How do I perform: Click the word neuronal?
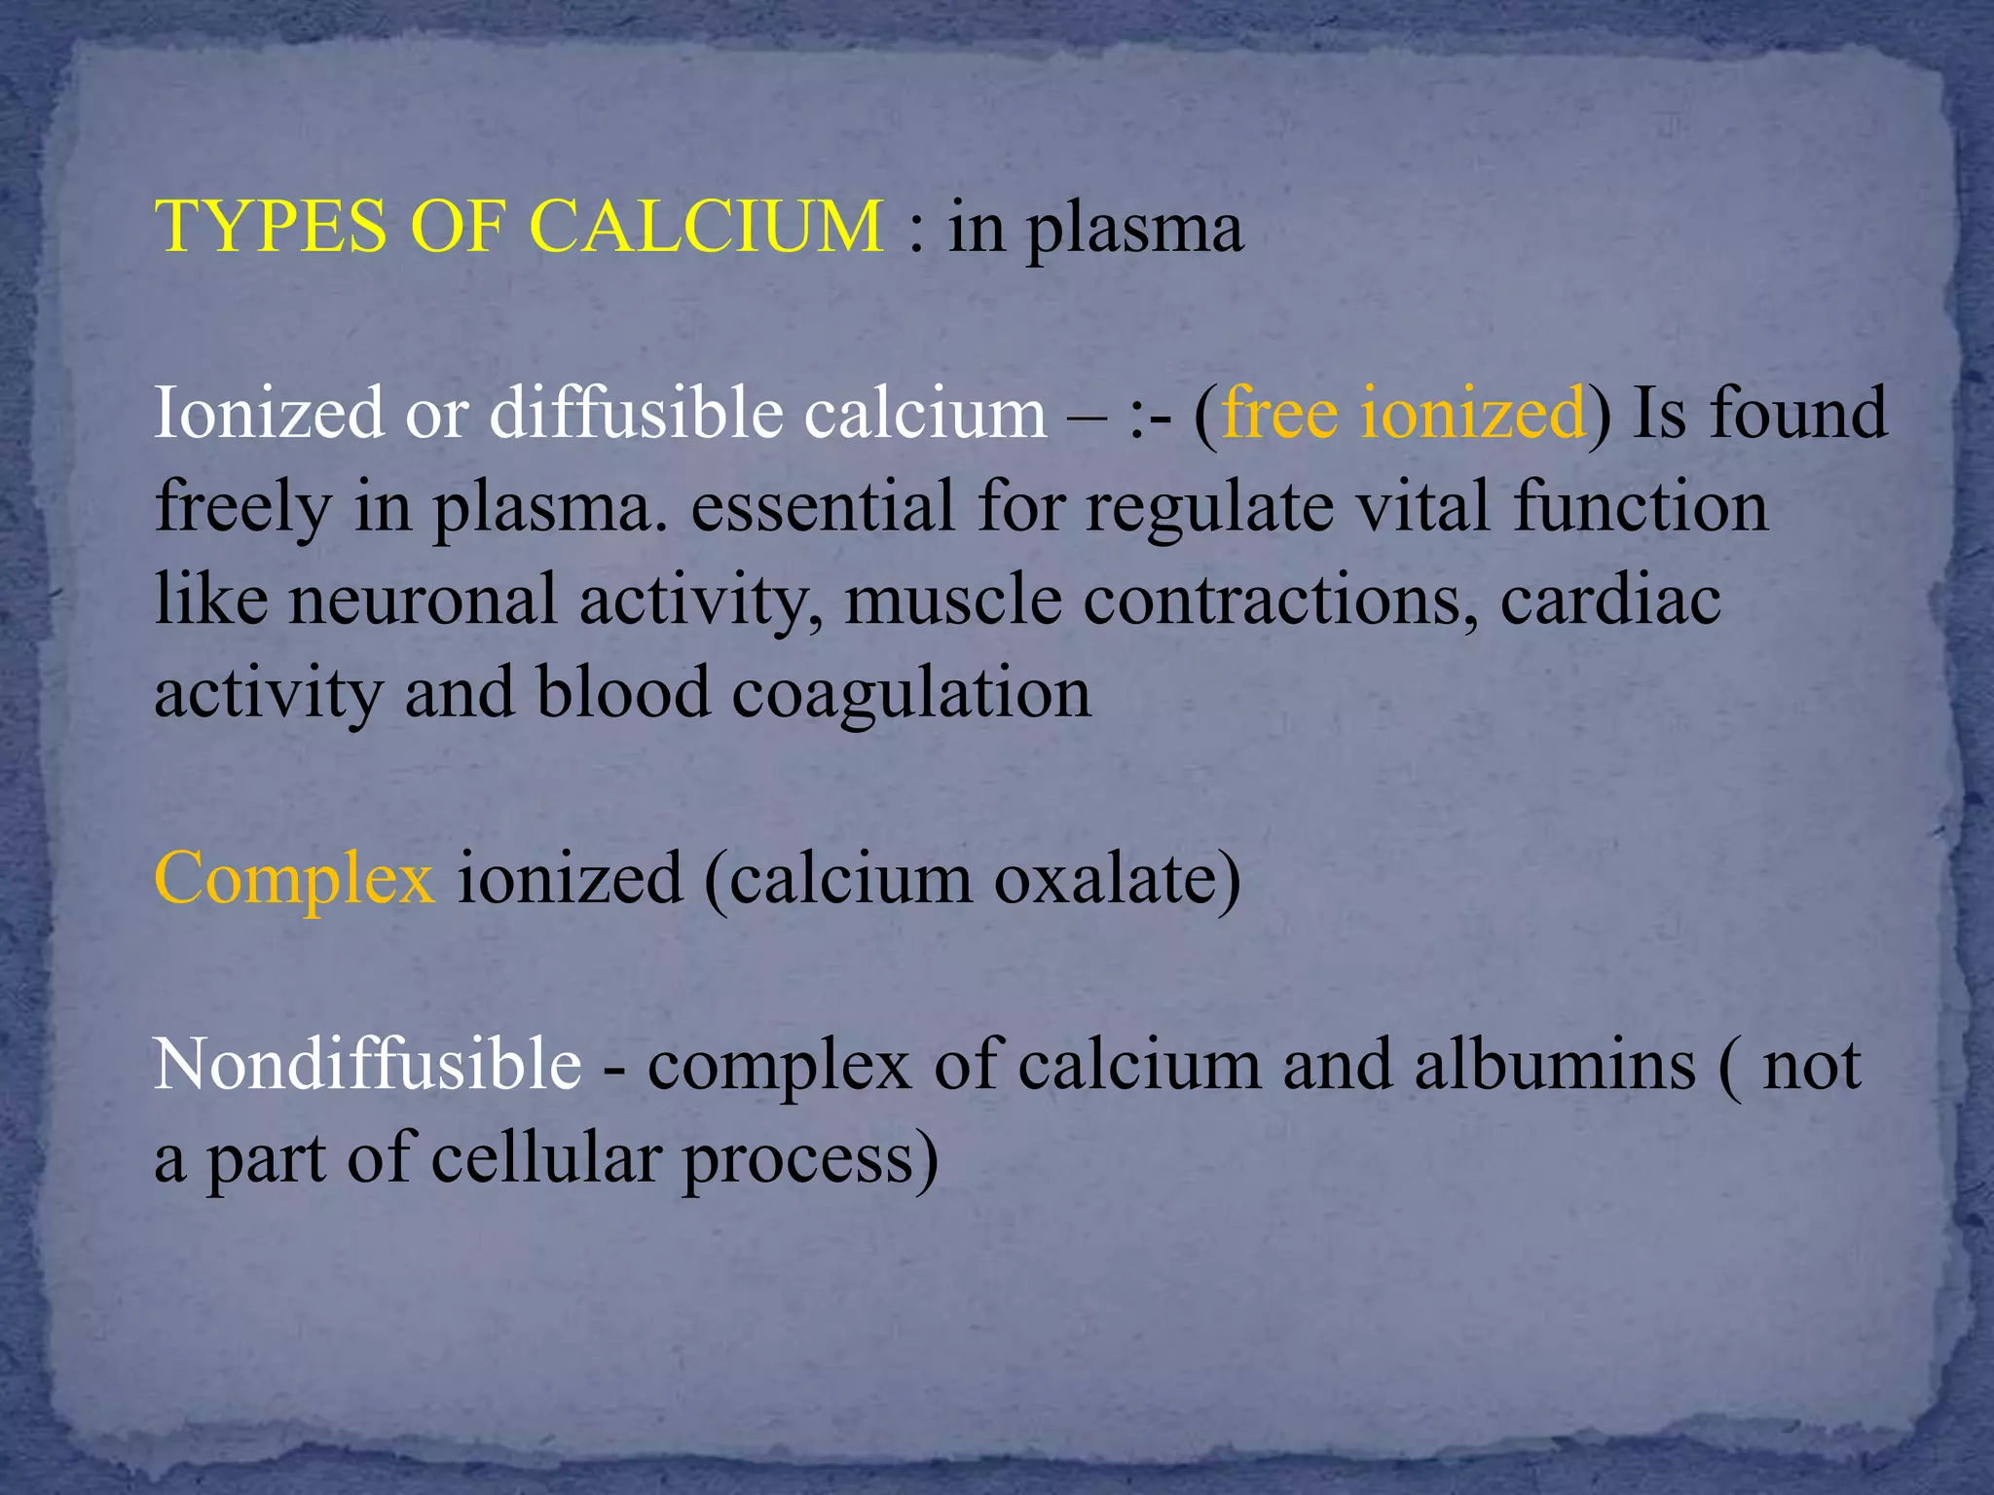click(422, 600)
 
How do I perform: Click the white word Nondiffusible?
click(368, 1064)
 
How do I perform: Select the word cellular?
click(545, 1158)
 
